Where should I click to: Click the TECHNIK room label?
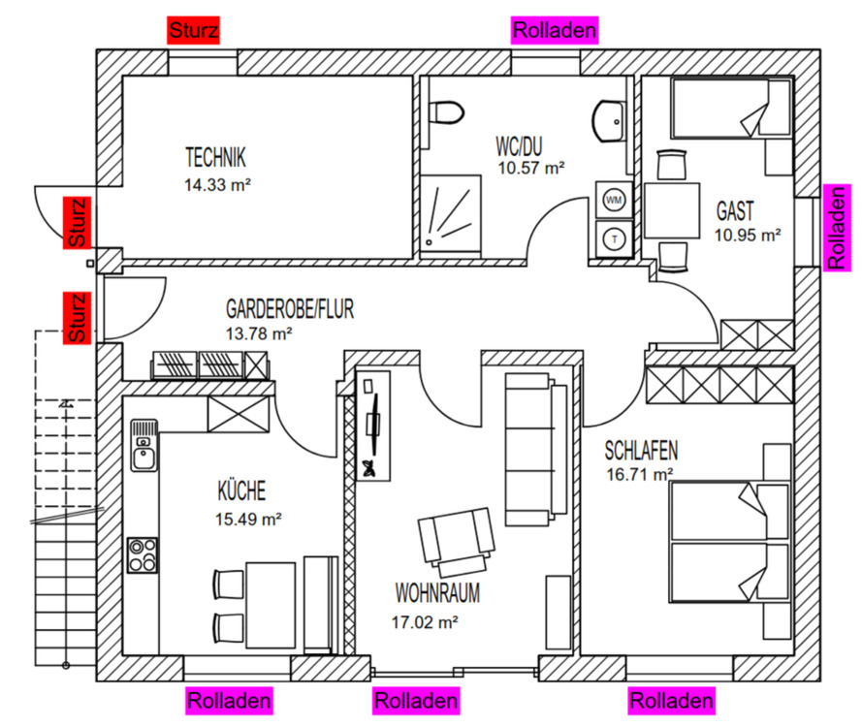tap(215, 157)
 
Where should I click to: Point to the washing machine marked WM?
tap(613, 199)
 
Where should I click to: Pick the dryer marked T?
tap(613, 237)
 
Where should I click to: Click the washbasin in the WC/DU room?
tap(608, 120)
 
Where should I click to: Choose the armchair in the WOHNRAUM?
tap(455, 539)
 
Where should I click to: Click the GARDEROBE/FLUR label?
tap(290, 310)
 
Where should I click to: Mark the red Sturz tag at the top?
tap(194, 30)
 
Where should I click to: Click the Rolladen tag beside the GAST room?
tap(836, 227)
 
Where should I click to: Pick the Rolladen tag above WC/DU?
tap(555, 30)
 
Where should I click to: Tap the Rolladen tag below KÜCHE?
tap(229, 700)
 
